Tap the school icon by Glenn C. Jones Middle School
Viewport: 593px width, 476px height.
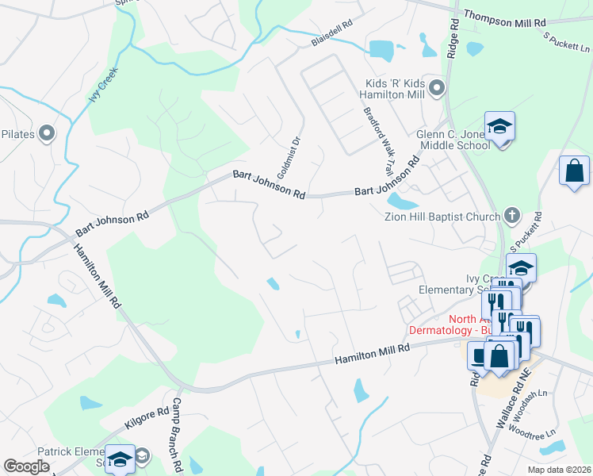pos(500,126)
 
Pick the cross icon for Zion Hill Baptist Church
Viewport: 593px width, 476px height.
pos(512,216)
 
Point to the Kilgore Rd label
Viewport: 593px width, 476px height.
pos(147,419)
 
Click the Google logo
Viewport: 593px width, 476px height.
pos(26,466)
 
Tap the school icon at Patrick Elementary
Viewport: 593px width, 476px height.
pos(120,459)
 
